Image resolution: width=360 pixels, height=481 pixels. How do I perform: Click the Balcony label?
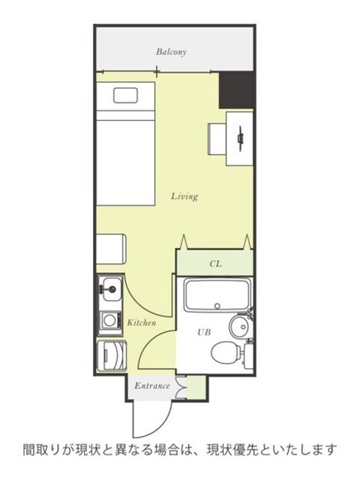pos(171,52)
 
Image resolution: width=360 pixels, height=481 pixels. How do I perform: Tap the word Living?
pos(184,196)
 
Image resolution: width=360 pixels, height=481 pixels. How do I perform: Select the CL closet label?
pos(216,264)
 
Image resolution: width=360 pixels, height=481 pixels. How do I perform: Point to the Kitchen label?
pos(141,322)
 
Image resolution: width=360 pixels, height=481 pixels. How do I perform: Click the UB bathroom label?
pos(204,332)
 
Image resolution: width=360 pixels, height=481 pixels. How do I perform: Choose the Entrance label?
pos(152,386)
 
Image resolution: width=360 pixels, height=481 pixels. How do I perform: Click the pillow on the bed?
pos(126,95)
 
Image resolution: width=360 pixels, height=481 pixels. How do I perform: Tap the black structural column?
pos(236,90)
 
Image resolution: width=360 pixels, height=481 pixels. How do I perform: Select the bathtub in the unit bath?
pos(217,295)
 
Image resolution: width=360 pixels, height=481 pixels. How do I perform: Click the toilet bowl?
pos(225,352)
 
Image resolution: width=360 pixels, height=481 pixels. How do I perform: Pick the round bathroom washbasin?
pos(240,327)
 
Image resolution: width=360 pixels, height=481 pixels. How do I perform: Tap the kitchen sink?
pos(110,288)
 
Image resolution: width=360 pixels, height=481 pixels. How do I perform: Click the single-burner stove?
pos(110,320)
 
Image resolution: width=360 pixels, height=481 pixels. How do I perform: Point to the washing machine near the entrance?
pos(112,355)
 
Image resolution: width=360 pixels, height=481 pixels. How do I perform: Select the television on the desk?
pos(241,138)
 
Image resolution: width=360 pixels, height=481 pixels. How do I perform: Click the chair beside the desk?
pos(217,138)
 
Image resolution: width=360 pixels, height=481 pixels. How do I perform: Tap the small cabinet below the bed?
pos(110,249)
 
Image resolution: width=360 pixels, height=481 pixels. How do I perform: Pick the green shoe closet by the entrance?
pos(195,388)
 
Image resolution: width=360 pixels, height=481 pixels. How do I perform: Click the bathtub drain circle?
pos(217,306)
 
